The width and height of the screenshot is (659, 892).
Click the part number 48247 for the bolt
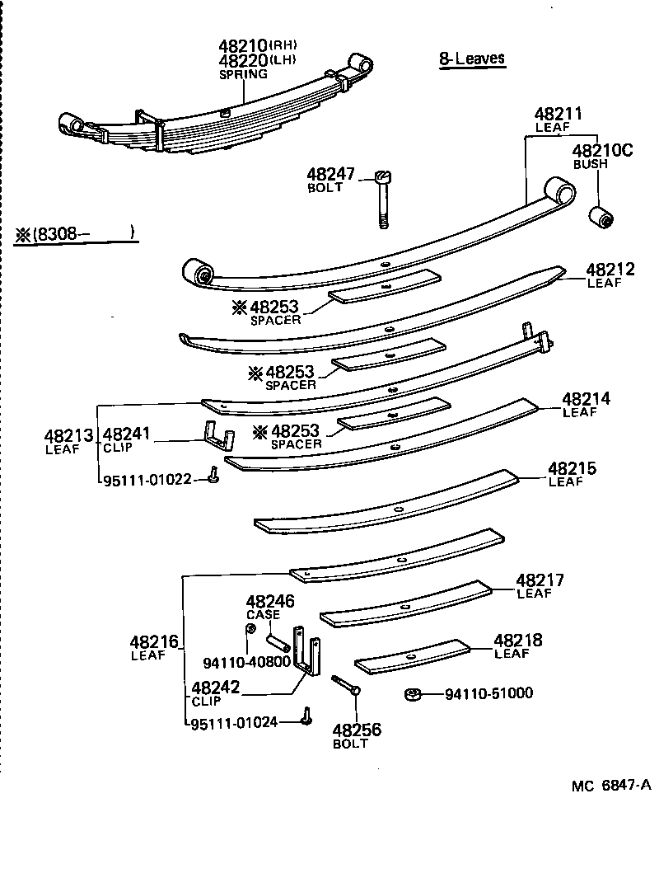tap(330, 175)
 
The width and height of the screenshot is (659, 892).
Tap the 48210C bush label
tap(603, 150)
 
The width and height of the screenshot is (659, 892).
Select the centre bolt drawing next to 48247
tap(383, 198)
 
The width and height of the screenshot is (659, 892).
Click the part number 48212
tap(610, 270)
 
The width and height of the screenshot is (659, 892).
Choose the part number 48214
tap(586, 399)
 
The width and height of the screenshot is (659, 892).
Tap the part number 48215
tap(573, 469)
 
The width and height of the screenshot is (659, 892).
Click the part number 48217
tap(540, 580)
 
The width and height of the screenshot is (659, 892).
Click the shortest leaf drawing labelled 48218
tap(412, 657)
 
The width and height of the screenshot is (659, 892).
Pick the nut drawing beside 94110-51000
tap(414, 694)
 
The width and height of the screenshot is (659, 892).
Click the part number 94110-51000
tap(488, 693)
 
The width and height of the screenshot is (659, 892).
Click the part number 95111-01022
tap(146, 479)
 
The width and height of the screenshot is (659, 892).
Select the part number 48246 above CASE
tap(269, 602)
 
